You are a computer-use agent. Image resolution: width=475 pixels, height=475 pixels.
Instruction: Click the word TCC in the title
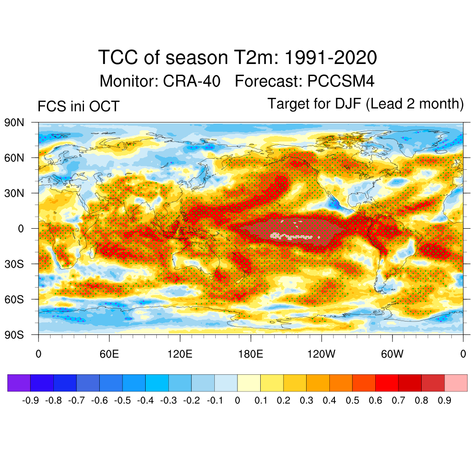[x=119, y=58]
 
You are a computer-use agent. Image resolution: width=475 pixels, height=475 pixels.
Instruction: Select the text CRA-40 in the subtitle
[x=192, y=81]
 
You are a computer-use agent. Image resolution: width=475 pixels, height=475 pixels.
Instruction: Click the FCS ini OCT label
[x=78, y=106]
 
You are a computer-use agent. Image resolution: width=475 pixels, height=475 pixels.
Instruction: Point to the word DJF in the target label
[x=348, y=103]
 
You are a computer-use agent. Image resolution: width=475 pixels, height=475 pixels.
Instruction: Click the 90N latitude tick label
[x=14, y=123]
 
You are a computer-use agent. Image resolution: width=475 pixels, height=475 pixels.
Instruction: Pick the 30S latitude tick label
[x=14, y=264]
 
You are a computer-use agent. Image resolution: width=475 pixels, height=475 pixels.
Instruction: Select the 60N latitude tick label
[x=14, y=158]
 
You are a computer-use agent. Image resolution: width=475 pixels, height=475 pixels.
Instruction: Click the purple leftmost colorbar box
[x=19, y=383]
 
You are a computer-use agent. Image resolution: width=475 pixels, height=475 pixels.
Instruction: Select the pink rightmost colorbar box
[x=456, y=383]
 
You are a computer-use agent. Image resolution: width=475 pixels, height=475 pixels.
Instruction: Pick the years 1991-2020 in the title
[x=330, y=58]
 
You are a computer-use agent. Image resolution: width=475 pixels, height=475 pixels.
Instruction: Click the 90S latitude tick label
[x=14, y=334]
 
